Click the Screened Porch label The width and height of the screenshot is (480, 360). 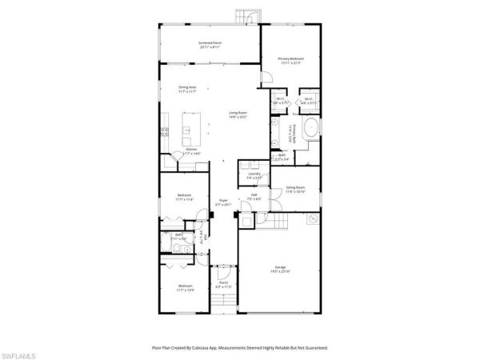pos(210,45)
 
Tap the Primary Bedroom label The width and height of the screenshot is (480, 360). pos(290,60)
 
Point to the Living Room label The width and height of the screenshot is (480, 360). pos(238,115)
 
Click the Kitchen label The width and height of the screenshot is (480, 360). pos(192,150)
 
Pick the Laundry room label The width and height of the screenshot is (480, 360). pos(255,175)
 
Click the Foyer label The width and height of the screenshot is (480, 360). pos(225,203)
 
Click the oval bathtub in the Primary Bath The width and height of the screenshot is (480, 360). pos(308,130)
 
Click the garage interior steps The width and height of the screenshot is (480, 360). pos(277,220)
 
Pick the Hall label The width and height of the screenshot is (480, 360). pos(254,195)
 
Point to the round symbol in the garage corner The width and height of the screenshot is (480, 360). pos(314,218)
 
